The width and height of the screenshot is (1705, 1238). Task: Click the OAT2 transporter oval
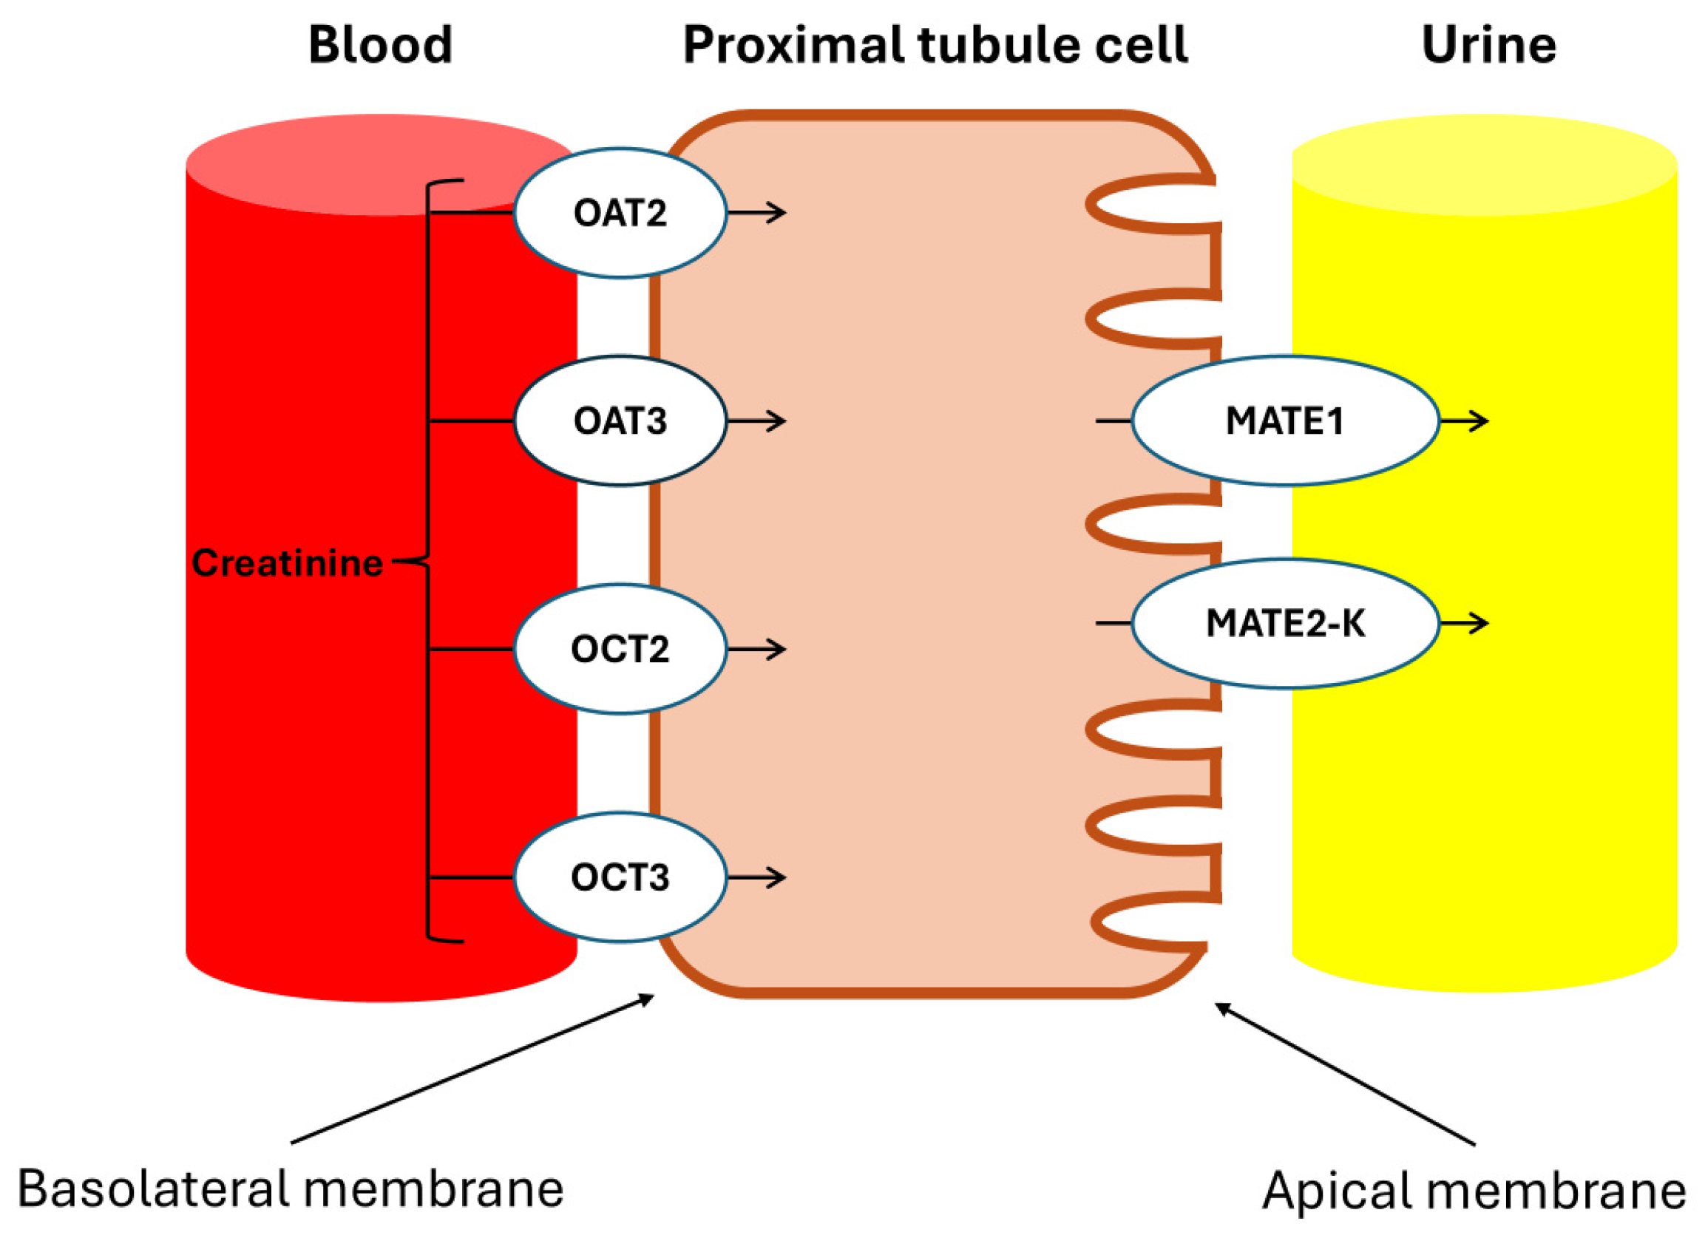[x=620, y=213]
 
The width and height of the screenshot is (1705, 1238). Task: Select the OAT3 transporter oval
[x=620, y=421]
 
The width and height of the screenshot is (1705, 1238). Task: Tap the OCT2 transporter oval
[x=620, y=649]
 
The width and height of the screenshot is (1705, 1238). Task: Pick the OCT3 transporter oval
[x=620, y=877]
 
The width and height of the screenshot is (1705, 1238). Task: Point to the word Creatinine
[x=287, y=563]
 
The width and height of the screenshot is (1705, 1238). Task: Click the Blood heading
[x=380, y=45]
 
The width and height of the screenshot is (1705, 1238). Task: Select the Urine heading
[x=1488, y=45]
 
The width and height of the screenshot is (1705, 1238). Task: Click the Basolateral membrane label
[x=290, y=1188]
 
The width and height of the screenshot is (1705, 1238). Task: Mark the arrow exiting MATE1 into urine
[x=1463, y=421]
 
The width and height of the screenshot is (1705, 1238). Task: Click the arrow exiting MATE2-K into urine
[x=1463, y=623]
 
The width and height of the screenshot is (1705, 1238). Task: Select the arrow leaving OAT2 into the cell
[x=756, y=213]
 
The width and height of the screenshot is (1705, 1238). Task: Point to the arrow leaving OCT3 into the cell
[x=756, y=877]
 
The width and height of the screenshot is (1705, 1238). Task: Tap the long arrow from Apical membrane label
[x=1346, y=1075]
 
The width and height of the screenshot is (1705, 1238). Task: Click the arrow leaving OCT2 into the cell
[x=756, y=649]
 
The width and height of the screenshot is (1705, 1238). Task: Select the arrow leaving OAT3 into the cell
[x=756, y=421]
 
